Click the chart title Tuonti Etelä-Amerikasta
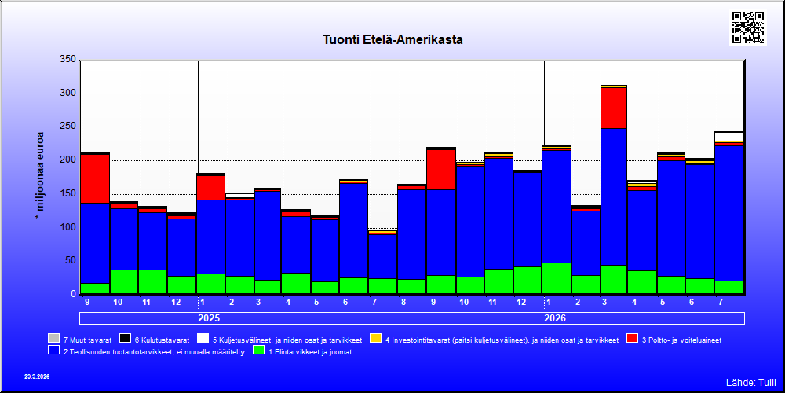[x=392, y=39]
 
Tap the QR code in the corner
[x=748, y=28]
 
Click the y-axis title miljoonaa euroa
[x=39, y=175]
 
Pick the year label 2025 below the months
[x=209, y=318]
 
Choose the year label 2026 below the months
[x=555, y=318]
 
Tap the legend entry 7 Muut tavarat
[x=79, y=340]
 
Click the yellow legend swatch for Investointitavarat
[x=375, y=340]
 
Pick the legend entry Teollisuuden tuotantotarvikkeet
[x=147, y=352]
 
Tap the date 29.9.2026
[x=37, y=376]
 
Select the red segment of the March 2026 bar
[x=614, y=108]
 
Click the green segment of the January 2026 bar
[x=557, y=278]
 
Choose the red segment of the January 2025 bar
[x=210, y=188]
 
